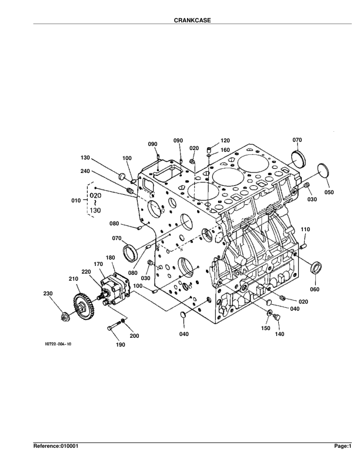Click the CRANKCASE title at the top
192,20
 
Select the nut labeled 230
64,317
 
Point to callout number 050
329,192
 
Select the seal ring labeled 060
316,268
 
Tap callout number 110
305,229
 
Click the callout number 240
85,171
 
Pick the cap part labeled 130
122,177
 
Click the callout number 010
76,201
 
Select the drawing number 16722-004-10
58,344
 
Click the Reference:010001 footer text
56,446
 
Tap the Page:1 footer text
343,446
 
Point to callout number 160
225,150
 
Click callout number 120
225,141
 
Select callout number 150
265,328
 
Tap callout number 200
134,336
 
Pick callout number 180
110,258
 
